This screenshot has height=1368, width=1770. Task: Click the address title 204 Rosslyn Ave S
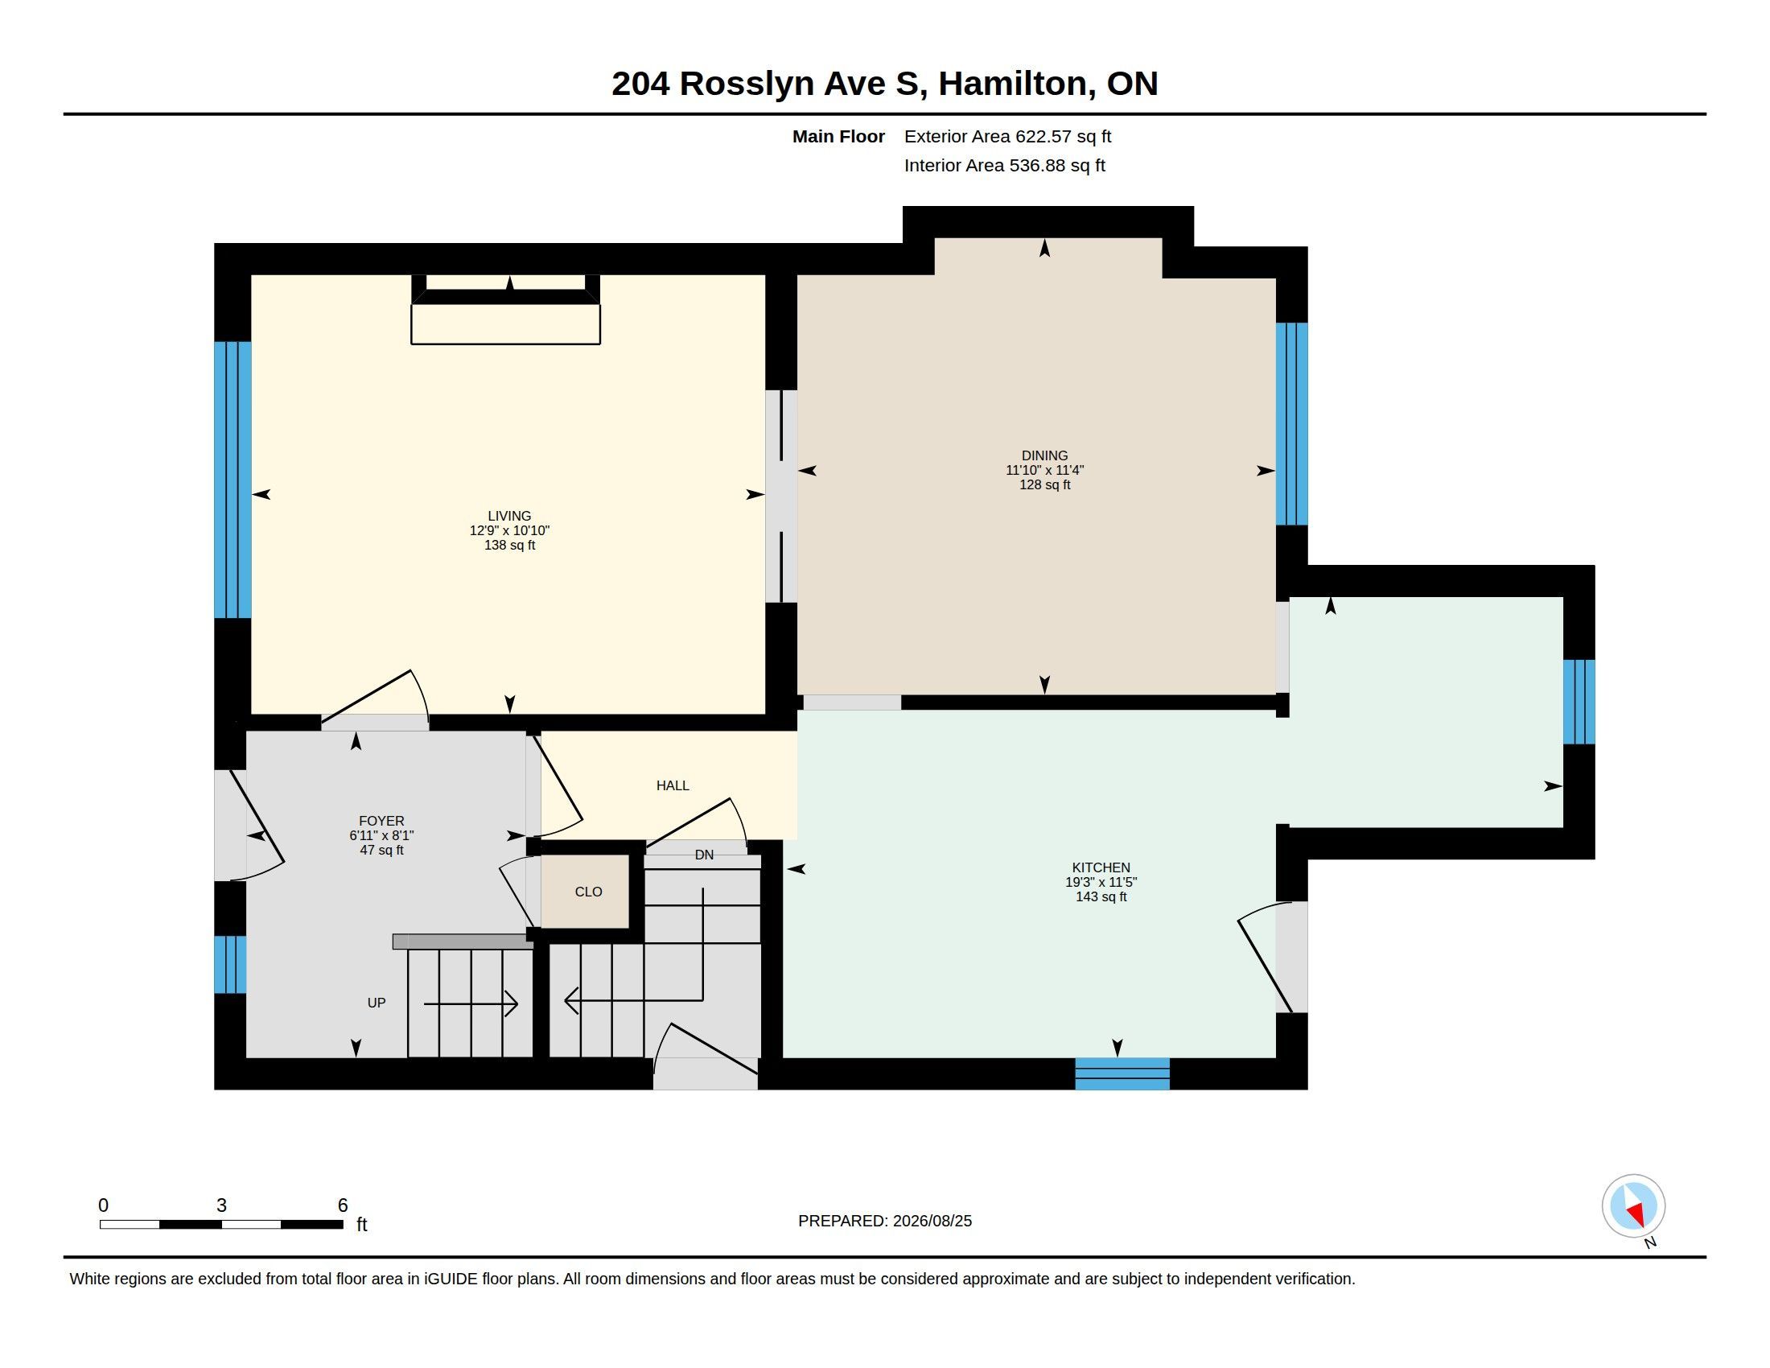pyautogui.click(x=769, y=84)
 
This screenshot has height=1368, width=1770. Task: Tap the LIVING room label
pyautogui.click(x=509, y=517)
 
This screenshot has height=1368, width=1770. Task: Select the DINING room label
pyautogui.click(x=1044, y=456)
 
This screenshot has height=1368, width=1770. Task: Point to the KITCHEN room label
pyautogui.click(x=1101, y=868)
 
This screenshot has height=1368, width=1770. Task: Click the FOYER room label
pyautogui.click(x=381, y=821)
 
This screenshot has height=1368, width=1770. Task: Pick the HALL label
pyautogui.click(x=673, y=785)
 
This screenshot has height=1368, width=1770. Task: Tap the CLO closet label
pyautogui.click(x=588, y=892)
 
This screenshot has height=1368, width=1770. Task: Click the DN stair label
pyautogui.click(x=704, y=854)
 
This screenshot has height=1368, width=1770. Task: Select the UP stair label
pyautogui.click(x=376, y=1003)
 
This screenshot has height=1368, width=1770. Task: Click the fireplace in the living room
pyautogui.click(x=506, y=310)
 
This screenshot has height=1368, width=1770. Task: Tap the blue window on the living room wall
pyautogui.click(x=233, y=480)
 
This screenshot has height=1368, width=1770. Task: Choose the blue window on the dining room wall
pyautogui.click(x=1292, y=424)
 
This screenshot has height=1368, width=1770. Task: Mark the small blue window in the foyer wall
pyautogui.click(x=230, y=964)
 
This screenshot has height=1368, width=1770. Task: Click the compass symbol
pyautogui.click(x=1633, y=1206)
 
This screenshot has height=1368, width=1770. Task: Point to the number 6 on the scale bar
pyautogui.click(x=343, y=1205)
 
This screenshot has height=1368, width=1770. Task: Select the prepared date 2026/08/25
pyautogui.click(x=932, y=1221)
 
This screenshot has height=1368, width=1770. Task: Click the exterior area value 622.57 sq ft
pyautogui.click(x=1064, y=136)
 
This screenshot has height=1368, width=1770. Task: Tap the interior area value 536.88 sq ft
pyautogui.click(x=1057, y=165)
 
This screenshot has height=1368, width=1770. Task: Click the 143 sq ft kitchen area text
pyautogui.click(x=1101, y=897)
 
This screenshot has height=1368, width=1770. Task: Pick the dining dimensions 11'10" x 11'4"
pyautogui.click(x=1044, y=470)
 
